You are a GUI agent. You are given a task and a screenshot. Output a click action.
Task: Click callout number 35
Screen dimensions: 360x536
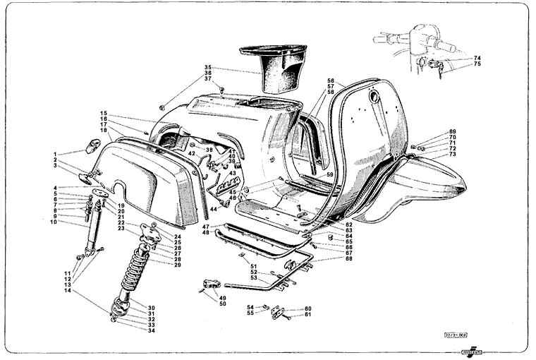[x=208, y=68]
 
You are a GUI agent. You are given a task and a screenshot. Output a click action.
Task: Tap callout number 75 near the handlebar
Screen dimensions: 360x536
[x=477, y=64]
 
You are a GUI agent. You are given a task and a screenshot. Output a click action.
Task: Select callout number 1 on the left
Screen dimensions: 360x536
[x=54, y=154]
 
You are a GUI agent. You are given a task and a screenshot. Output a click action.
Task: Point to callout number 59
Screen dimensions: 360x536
[x=329, y=174]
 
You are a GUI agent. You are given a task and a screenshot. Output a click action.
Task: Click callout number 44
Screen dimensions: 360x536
[x=214, y=210]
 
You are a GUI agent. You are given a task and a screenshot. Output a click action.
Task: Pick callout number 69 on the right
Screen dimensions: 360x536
[x=453, y=132]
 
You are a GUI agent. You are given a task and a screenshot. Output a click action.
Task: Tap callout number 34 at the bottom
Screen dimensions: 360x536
[x=151, y=330]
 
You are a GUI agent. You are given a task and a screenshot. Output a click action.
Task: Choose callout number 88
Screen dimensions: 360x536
[x=329, y=258]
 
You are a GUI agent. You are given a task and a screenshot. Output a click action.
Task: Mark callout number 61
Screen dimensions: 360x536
[x=307, y=315]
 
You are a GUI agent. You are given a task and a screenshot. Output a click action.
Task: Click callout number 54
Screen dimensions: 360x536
[x=250, y=307]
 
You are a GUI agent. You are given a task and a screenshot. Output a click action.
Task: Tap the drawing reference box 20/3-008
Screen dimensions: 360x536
[x=455, y=335]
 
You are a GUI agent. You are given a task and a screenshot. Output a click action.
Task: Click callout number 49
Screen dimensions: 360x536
[x=222, y=297]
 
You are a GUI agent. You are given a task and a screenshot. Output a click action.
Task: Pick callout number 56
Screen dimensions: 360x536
[x=331, y=80]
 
